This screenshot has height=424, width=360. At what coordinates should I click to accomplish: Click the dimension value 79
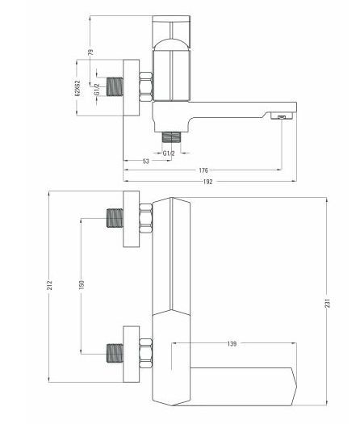tap(91, 52)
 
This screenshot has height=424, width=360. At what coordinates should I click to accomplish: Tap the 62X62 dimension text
tap(77, 88)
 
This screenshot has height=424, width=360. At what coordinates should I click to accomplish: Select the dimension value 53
tap(145, 162)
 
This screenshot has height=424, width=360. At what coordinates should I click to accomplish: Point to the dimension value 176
tap(203, 170)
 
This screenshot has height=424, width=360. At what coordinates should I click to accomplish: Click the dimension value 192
tap(207, 182)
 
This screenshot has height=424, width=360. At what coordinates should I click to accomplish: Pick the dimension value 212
tap(49, 285)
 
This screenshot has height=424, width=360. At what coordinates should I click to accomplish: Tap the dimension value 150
tap(82, 285)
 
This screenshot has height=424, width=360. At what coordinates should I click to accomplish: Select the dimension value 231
tap(328, 303)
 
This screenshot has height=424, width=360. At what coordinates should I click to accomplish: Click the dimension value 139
tap(232, 344)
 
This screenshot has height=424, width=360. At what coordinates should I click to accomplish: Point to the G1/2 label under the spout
tap(169, 153)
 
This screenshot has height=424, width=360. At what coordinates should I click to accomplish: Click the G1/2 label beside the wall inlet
tap(97, 90)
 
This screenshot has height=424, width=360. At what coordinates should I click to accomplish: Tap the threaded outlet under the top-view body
tap(171, 136)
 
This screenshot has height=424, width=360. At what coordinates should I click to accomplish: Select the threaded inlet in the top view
tap(115, 86)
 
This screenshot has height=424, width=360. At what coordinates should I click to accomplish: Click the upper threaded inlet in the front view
tap(115, 218)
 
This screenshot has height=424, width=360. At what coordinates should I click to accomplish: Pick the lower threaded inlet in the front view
tap(115, 353)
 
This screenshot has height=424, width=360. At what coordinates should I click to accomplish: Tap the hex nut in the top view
tap(146, 86)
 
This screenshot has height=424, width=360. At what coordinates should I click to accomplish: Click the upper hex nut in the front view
tap(146, 218)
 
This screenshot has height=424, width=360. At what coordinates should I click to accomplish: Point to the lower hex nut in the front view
tap(146, 353)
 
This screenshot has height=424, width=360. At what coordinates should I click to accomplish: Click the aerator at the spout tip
tap(282, 116)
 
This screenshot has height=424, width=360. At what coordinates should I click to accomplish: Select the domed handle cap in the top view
tap(171, 44)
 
